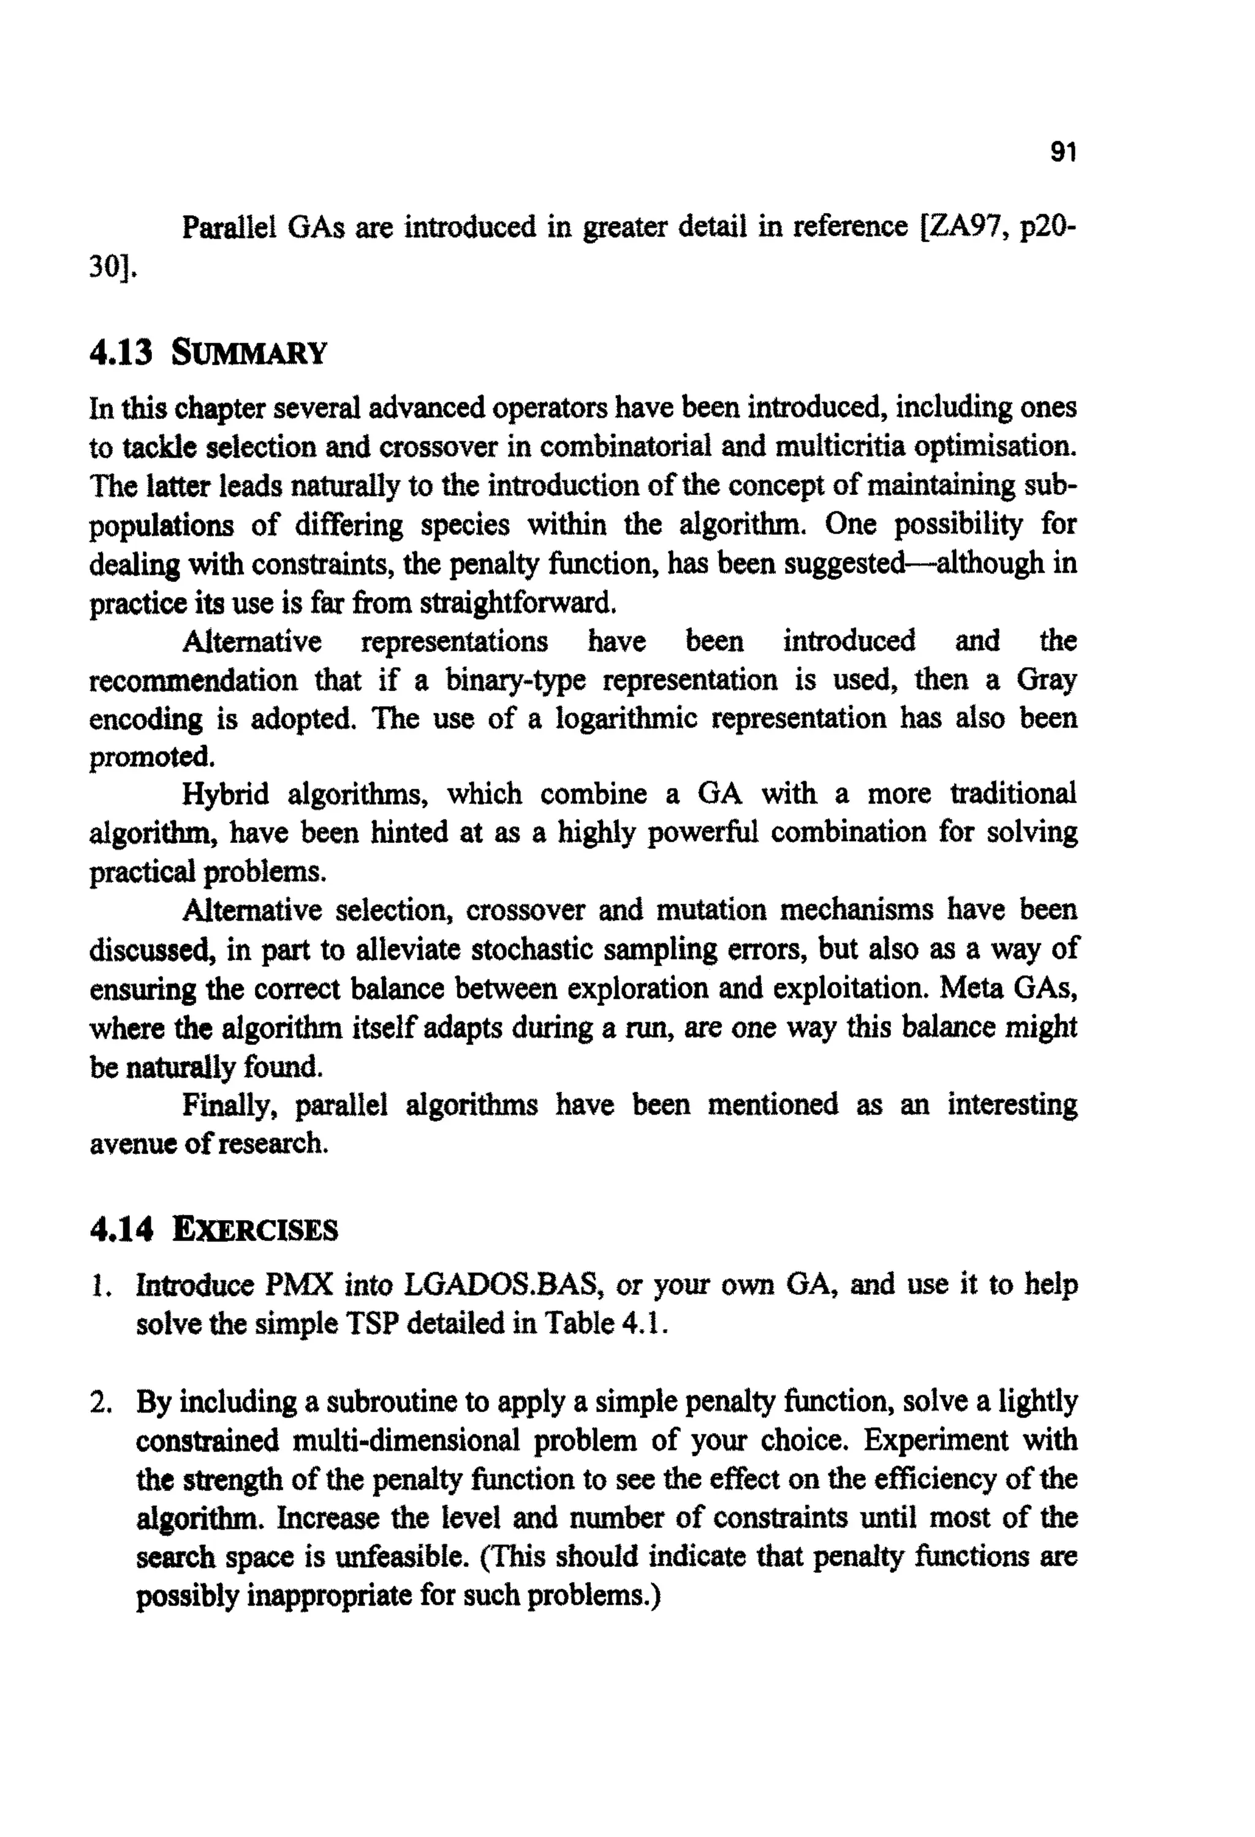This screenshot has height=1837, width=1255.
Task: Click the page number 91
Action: pyautogui.click(x=1063, y=152)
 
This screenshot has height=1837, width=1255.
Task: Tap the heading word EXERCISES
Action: pyautogui.click(x=256, y=1230)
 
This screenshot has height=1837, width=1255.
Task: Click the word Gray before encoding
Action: pyautogui.click(x=1046, y=680)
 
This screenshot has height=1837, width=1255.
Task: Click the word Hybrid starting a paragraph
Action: pyautogui.click(x=226, y=794)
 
